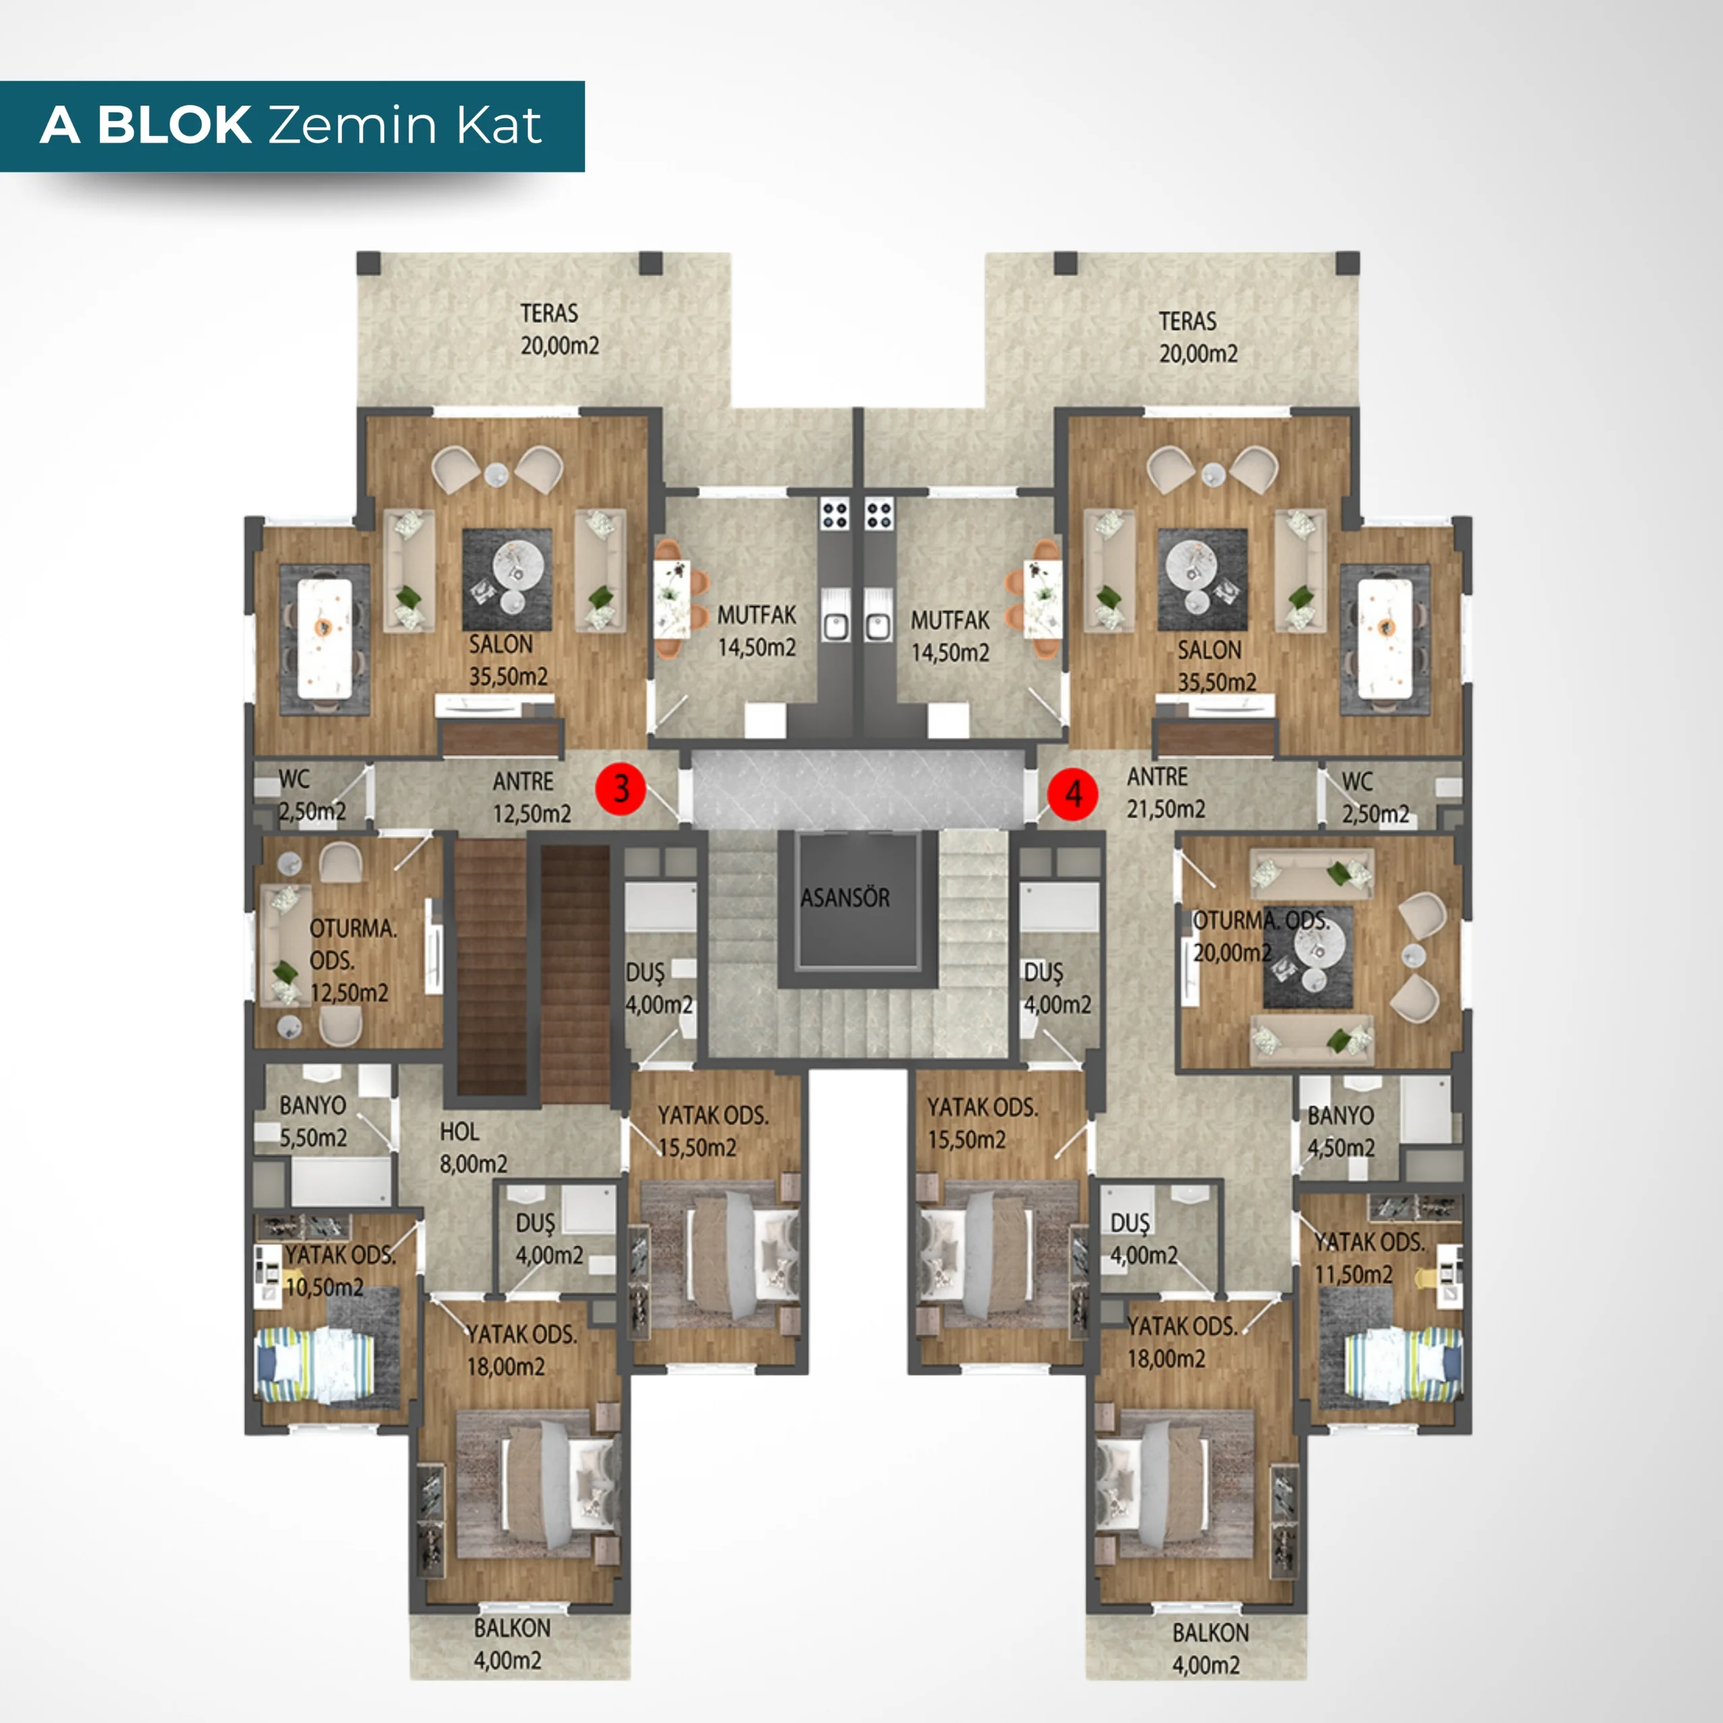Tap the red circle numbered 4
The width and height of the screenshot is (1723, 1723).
[1074, 793]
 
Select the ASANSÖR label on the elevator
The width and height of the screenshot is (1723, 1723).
[845, 898]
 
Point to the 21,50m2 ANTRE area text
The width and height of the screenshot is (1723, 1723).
[1166, 809]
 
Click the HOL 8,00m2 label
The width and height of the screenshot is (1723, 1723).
[472, 1148]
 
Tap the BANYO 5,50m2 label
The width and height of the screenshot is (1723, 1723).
[313, 1121]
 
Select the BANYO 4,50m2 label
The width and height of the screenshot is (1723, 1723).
[1341, 1131]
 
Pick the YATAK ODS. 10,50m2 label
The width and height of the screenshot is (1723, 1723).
[340, 1271]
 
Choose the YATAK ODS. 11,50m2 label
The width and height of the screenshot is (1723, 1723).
[1369, 1259]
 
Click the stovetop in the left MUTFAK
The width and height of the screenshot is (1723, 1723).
[835, 515]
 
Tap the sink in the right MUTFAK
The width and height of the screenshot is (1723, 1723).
[878, 625]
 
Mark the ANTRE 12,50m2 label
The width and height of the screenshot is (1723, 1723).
[532, 798]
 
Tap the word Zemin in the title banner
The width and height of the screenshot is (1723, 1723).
[354, 125]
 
